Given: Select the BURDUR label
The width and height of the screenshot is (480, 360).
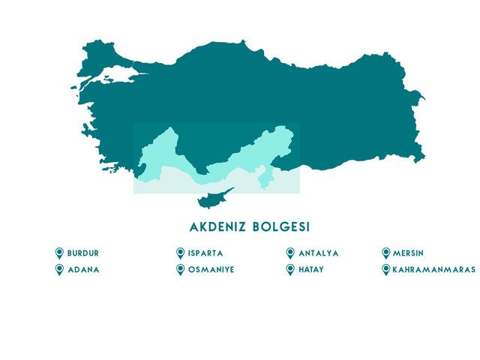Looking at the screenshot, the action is (x=82, y=253).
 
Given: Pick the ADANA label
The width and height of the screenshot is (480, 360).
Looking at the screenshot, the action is (x=82, y=269).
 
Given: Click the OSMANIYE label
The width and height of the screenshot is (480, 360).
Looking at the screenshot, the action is (x=211, y=269).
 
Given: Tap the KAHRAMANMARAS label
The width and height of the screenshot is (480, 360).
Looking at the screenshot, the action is (x=433, y=269).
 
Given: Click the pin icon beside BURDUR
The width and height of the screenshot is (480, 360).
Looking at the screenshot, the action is (x=59, y=253).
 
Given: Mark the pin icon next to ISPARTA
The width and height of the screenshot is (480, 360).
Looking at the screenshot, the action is (x=180, y=253).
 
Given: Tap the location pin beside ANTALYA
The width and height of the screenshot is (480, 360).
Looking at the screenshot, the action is (x=290, y=253).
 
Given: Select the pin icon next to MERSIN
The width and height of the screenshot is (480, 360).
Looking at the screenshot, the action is (x=386, y=253).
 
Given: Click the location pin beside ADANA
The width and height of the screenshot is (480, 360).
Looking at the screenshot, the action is (x=59, y=269).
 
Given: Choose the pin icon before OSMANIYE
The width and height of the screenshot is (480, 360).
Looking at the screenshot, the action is (x=180, y=269).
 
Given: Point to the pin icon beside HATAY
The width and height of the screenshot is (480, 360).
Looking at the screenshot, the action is (x=290, y=269).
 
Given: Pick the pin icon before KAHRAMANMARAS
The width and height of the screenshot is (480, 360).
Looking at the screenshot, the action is (x=386, y=269).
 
